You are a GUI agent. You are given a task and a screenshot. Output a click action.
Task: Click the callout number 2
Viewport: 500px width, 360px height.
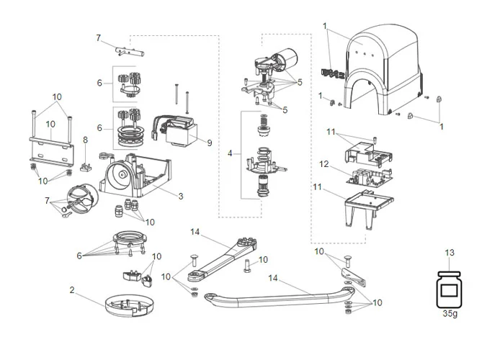coord(72,289)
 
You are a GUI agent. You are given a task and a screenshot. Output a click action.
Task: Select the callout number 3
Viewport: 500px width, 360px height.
coord(181,195)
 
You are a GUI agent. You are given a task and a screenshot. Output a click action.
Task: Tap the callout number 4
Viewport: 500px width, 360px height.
coord(230,153)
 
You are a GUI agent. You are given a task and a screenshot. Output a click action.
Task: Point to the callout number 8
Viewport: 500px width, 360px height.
coord(84,140)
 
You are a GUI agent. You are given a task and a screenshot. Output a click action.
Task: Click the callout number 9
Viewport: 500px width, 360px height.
coord(210,143)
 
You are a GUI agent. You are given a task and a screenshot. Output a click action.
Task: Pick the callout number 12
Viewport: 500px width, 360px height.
coord(324,164)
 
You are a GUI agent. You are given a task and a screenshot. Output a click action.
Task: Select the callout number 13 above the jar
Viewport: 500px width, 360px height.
coord(450,253)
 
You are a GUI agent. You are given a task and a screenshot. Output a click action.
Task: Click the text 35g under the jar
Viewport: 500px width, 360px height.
coord(450,314)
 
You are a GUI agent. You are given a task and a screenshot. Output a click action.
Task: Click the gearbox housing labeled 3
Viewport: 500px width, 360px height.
coord(137,176)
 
